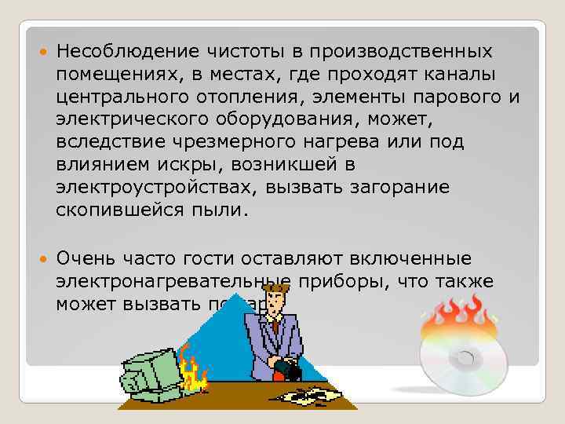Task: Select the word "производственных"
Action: [401, 52]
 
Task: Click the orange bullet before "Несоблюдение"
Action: [41, 52]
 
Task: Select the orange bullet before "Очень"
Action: [41, 258]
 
